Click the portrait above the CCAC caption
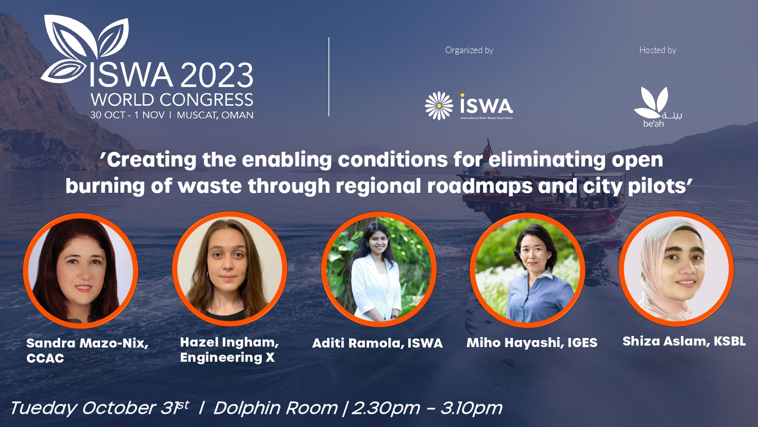point(81,271)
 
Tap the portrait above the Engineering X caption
point(230,269)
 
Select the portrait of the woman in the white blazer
point(378,269)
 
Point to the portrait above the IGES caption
point(528,270)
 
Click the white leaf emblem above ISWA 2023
point(86,48)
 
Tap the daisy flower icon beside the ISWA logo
point(439,106)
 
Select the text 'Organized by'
point(469,50)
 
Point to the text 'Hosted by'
point(657,50)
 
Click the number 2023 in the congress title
point(216,76)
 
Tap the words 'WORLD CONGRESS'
point(172,100)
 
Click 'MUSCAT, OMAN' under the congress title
point(215,115)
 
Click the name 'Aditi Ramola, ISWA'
point(377,344)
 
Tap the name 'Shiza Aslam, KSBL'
point(684,341)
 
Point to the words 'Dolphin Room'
point(275,408)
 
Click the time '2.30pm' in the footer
point(386,408)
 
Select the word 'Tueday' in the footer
point(43,408)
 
